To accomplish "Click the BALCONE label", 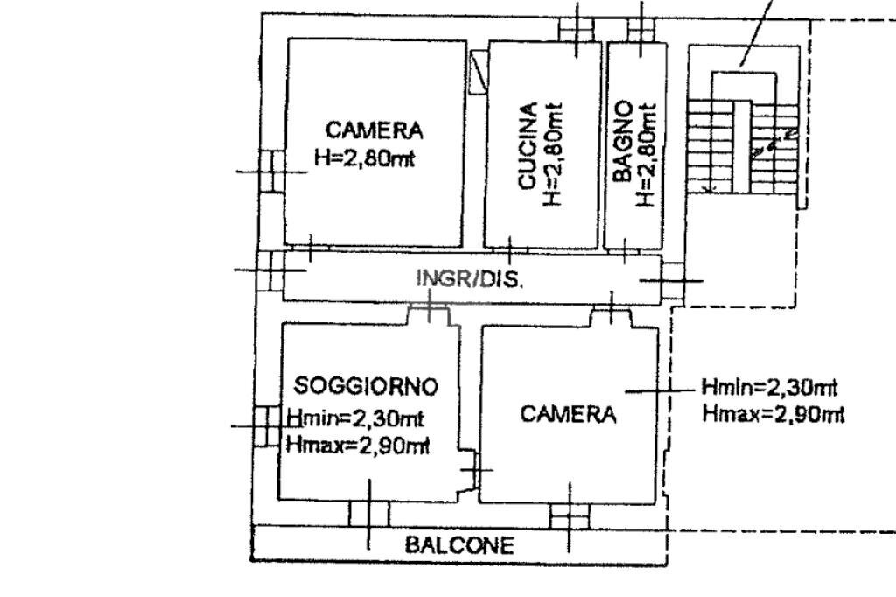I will [458, 546].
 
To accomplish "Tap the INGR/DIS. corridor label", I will [469, 280].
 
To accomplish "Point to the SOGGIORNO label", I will [366, 385].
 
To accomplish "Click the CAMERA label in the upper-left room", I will [374, 130].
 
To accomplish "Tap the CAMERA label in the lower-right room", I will [568, 414].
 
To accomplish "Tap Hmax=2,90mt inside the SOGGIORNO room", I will [357, 446].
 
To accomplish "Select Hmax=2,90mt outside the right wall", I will [773, 413].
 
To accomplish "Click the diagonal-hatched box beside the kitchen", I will [478, 73].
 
